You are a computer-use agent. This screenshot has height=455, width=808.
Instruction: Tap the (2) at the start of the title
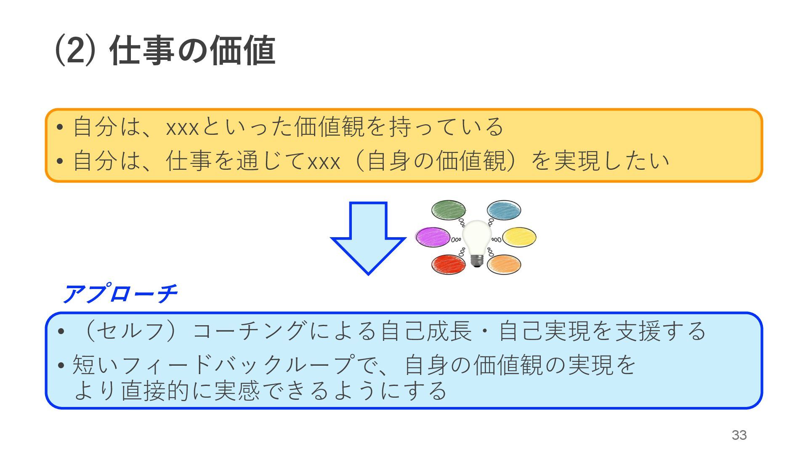pyautogui.click(x=74, y=51)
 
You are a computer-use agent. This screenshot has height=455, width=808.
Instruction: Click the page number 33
pyautogui.click(x=739, y=435)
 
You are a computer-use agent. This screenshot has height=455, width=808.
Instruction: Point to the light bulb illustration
pyautogui.click(x=476, y=240)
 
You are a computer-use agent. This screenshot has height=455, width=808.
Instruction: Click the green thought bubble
pyautogui.click(x=449, y=210)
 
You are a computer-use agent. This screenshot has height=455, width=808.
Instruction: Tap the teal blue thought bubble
pyautogui.click(x=504, y=210)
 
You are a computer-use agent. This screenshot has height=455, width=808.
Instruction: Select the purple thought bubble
pyautogui.click(x=433, y=237)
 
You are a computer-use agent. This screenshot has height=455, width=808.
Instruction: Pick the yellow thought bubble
pyautogui.click(x=519, y=237)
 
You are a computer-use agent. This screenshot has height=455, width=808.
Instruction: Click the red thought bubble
pyautogui.click(x=449, y=265)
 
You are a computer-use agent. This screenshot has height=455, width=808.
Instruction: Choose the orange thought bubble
pyautogui.click(x=504, y=265)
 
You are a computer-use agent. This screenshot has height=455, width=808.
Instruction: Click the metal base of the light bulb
pyautogui.click(x=476, y=261)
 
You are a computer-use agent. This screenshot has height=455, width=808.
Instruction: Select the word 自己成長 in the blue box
pyautogui.click(x=426, y=331)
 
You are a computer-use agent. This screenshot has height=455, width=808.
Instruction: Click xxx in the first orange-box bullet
pyautogui.click(x=182, y=127)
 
